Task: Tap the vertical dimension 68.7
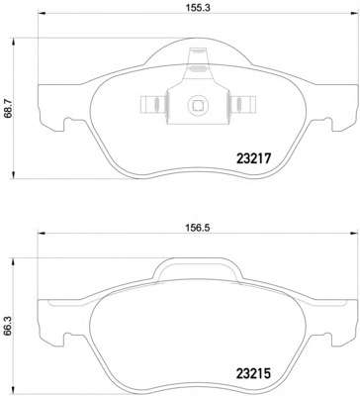point(7,108)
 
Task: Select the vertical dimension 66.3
point(7,327)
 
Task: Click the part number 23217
point(253,159)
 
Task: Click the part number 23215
point(253,373)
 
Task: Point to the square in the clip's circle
point(198,105)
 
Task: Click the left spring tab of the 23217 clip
point(154,104)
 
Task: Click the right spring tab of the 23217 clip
point(242,104)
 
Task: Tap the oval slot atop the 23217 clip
point(198,68)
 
